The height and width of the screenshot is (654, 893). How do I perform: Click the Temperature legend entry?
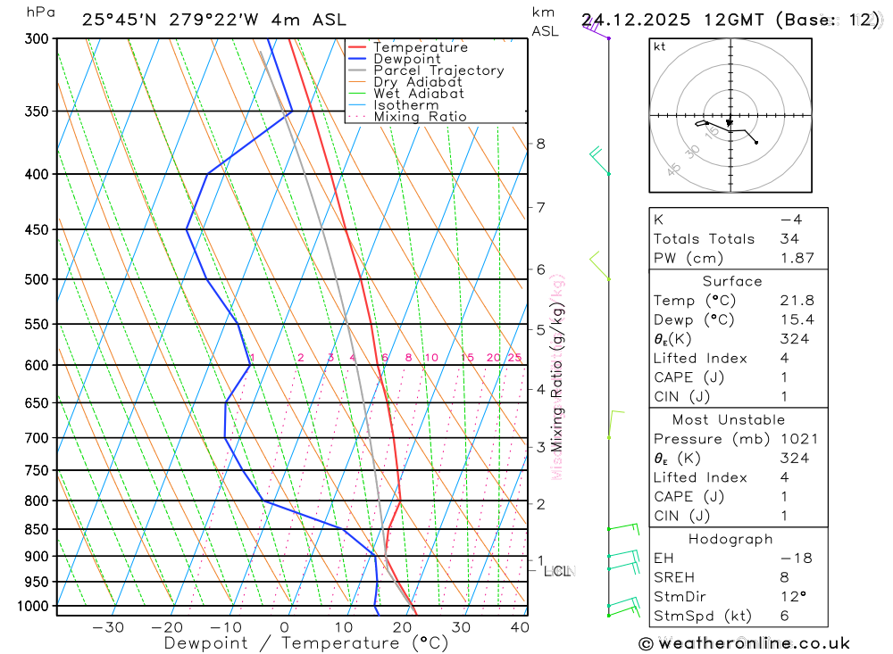(420, 47)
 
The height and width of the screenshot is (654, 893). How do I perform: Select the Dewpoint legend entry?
(406, 59)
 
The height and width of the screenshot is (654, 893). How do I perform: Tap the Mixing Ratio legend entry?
(420, 116)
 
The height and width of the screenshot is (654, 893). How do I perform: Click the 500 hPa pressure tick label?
(36, 279)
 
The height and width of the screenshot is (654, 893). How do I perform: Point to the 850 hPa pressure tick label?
(36, 529)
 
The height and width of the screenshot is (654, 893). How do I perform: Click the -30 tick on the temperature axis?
(108, 627)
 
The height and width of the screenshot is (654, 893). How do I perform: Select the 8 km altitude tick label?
(540, 144)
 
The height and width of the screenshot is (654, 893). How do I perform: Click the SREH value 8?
(783, 577)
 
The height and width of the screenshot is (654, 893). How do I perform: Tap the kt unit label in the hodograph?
(659, 46)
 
